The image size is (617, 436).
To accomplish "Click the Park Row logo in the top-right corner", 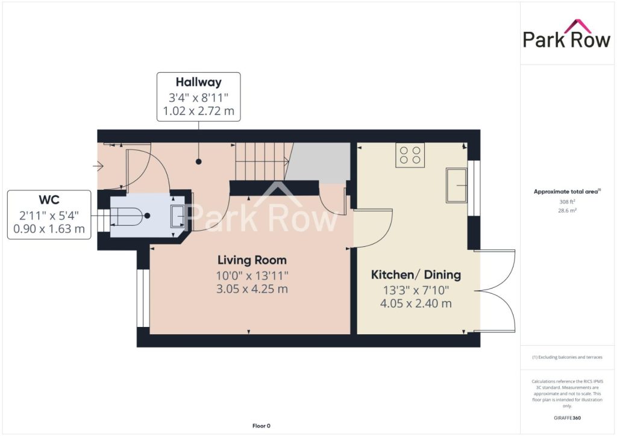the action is coord(566,34).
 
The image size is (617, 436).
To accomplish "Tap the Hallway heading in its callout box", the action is coord(198,82).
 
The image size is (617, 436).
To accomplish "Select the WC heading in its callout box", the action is coord(49,200).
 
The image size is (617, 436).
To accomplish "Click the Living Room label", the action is coord(252,260).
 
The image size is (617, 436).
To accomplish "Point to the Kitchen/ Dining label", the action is coord(416,275).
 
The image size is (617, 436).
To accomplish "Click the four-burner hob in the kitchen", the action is coord(410,155).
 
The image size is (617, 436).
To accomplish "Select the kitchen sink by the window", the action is coord(456,185).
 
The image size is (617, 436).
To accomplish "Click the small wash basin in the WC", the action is coord(177,216).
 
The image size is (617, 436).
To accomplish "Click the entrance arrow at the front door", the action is coord(98,167).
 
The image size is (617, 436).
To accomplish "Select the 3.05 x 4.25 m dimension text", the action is coord(252,289).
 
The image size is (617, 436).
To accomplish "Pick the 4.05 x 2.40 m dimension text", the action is coord(416,304).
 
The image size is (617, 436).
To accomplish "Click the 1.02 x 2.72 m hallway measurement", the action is coord(198,111).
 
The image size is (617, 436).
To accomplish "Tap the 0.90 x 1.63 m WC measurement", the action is coord(49,228).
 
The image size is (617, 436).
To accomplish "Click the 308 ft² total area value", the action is coord(567,202).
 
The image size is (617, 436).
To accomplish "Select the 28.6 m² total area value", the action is coord(567,210).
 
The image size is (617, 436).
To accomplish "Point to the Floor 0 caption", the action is coord(262,426).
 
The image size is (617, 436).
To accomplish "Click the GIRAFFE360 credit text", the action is coord(567,418).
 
